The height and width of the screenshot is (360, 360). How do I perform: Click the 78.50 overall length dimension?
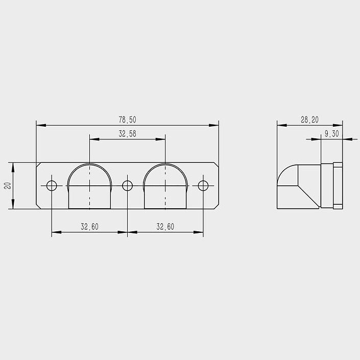click(128, 119)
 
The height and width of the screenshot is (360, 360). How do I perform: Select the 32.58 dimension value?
click(128, 134)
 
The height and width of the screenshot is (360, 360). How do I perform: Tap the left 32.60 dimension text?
click(89, 227)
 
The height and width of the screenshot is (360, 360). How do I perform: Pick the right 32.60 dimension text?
click(165, 227)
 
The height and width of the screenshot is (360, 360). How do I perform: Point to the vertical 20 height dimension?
click(8, 185)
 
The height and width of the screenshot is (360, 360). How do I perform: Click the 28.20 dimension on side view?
click(310, 119)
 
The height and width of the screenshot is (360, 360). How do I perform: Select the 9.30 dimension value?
click(332, 134)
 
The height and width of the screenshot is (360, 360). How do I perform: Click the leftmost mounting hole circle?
click(52, 185)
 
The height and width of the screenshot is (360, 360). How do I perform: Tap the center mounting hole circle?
click(128, 185)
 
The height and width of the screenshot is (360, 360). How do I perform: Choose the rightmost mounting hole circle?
click(203, 185)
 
